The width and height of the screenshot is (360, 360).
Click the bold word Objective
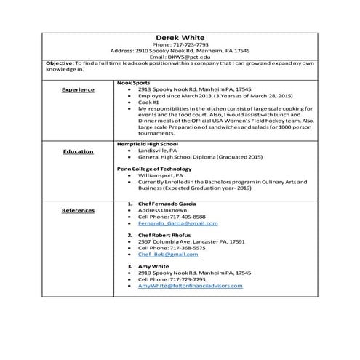(59, 64)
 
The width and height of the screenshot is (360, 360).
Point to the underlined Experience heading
(78, 89)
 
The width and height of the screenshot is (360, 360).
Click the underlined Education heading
(78, 151)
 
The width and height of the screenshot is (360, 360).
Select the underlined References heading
(78, 210)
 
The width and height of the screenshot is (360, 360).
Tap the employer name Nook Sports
(132, 82)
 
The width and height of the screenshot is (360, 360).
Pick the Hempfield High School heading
(147, 144)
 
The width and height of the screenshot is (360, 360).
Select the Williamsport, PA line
(159, 175)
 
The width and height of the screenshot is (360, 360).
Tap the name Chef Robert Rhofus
(164, 236)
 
